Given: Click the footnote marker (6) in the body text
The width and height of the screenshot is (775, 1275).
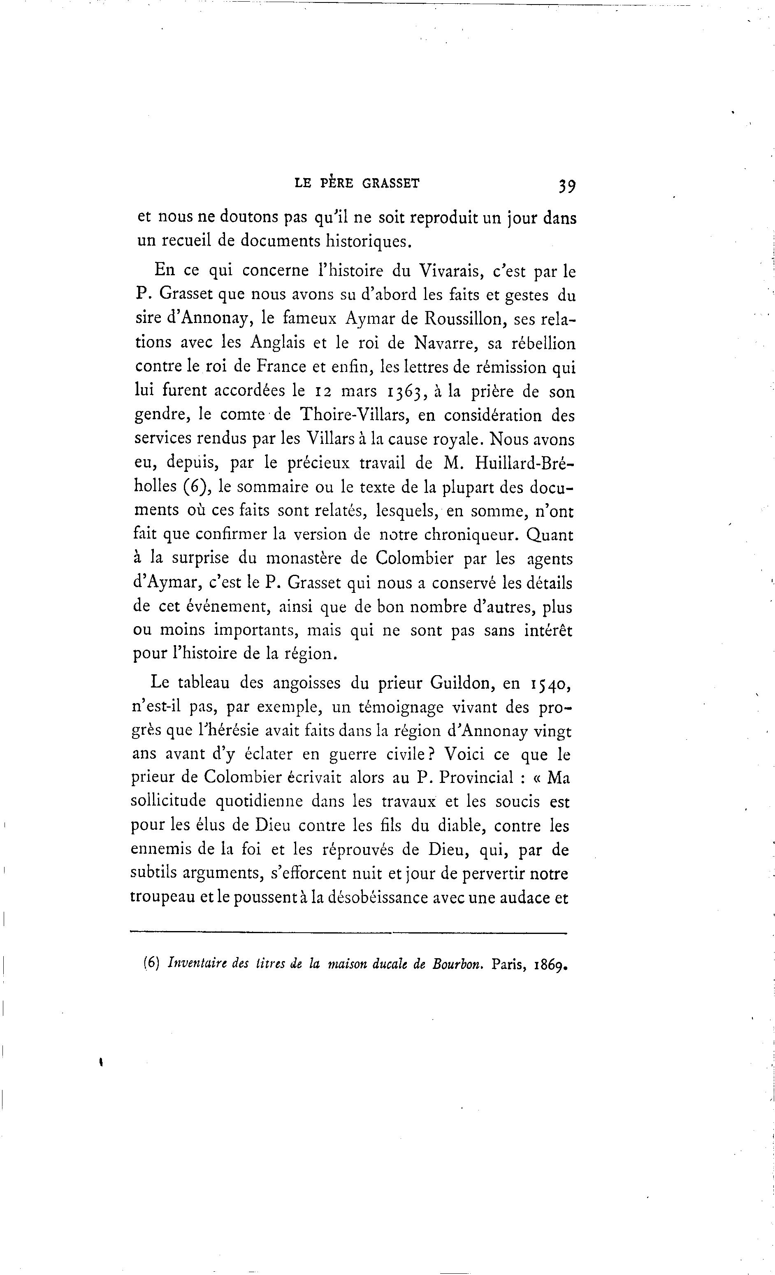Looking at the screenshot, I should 195,487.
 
